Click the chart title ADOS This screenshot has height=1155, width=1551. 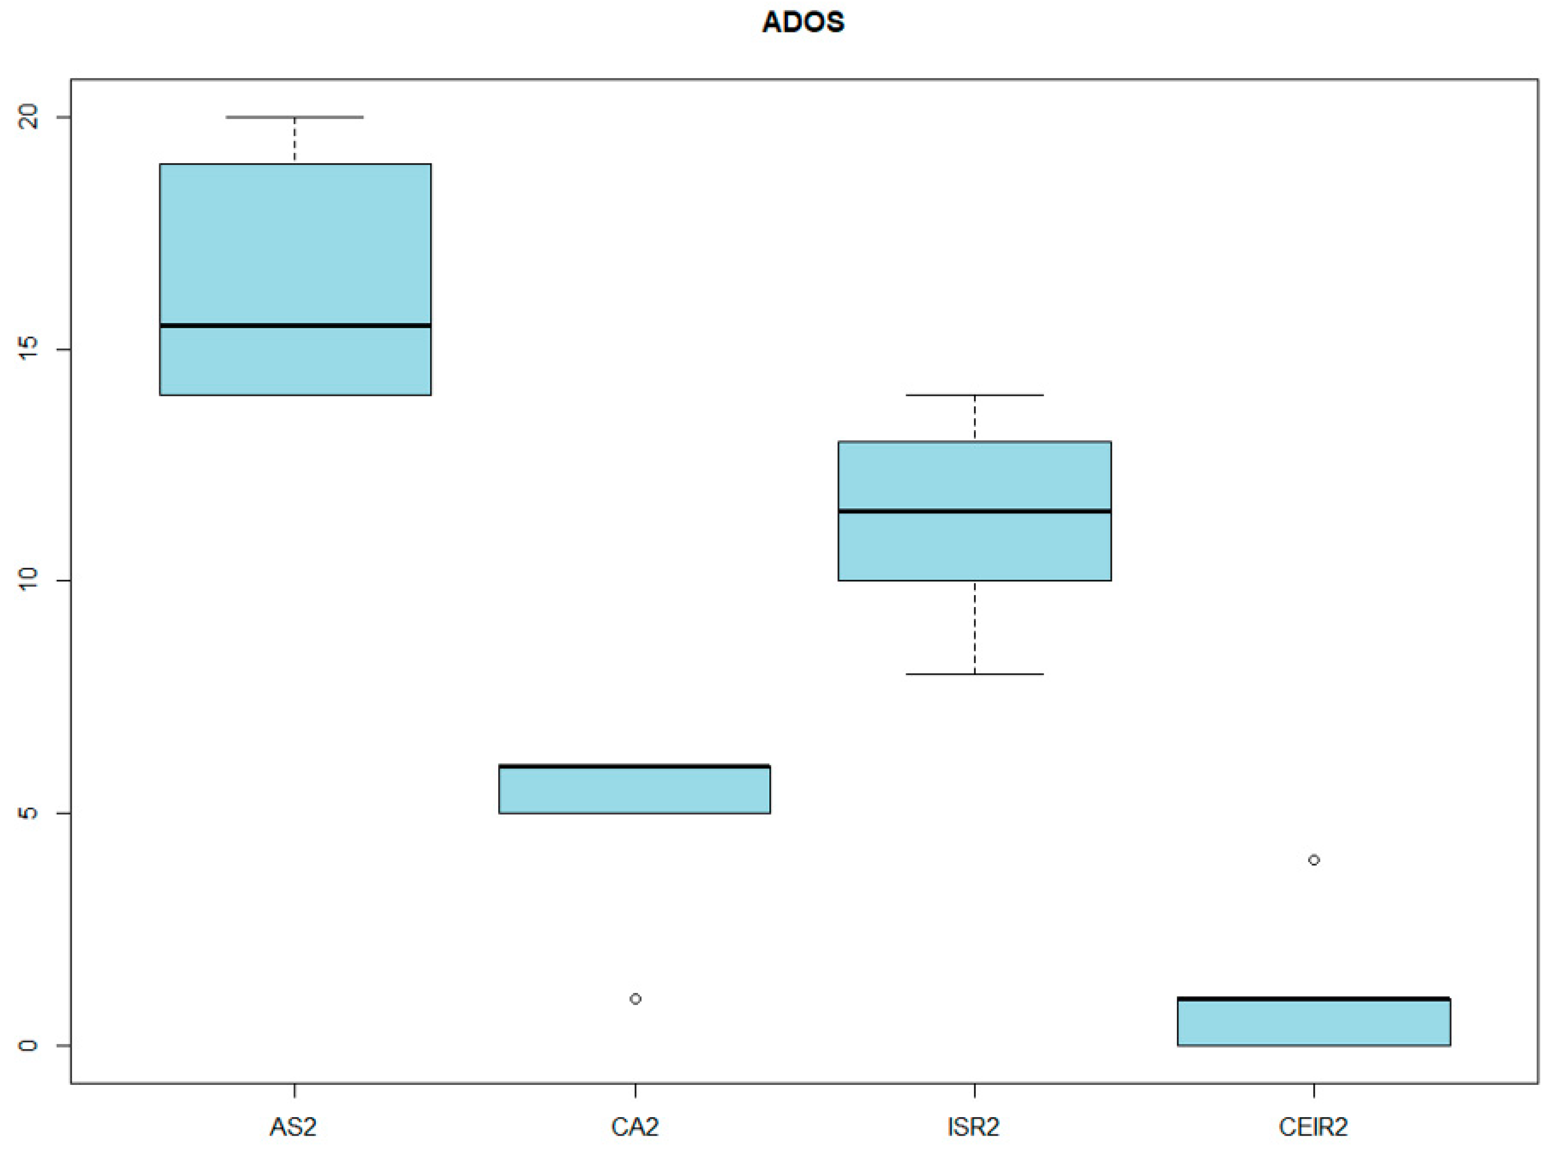coord(803,22)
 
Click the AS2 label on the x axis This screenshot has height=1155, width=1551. coord(294,1127)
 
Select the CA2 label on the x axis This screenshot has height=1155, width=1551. coord(634,1127)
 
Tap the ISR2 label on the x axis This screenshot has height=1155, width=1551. coord(973,1127)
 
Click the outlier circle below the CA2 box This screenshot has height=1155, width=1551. coord(635,999)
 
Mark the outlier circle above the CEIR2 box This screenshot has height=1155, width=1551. coord(1314,860)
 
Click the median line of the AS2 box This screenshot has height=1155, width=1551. coord(295,326)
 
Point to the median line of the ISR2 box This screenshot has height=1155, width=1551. coord(974,511)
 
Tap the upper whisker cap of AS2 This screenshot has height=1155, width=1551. coord(295,117)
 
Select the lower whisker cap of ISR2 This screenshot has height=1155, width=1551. coord(974,674)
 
